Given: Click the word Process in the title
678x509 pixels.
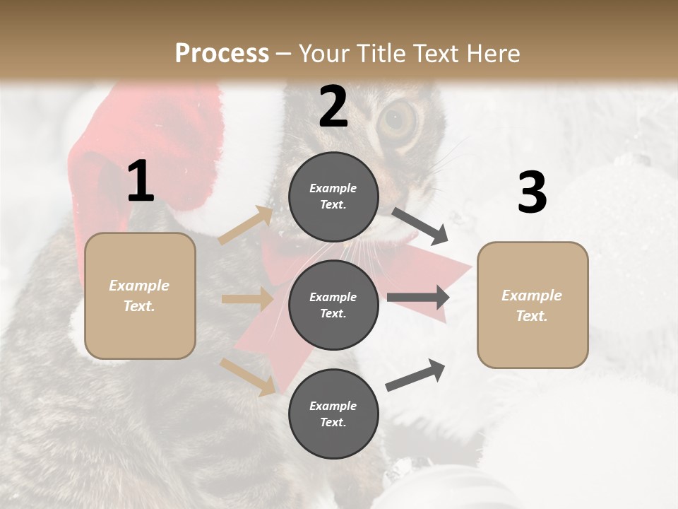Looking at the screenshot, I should [x=222, y=54].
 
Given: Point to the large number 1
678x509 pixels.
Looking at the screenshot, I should [x=141, y=182].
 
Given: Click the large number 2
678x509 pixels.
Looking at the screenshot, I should [x=333, y=107].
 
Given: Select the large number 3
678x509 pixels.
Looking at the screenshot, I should [x=532, y=192].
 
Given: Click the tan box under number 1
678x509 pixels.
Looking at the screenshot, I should [x=140, y=296].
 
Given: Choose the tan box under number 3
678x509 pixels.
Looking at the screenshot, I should [x=533, y=305].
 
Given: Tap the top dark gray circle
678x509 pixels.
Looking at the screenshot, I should [x=333, y=197].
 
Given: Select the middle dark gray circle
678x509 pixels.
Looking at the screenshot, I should [x=333, y=305].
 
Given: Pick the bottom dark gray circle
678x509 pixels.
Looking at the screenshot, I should [x=333, y=414].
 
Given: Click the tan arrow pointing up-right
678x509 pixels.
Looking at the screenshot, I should [x=246, y=226].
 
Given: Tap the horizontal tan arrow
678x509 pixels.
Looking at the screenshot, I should [x=246, y=299].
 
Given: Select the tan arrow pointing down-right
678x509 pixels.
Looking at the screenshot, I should [x=247, y=376].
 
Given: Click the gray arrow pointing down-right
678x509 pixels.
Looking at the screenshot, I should [x=420, y=226].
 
